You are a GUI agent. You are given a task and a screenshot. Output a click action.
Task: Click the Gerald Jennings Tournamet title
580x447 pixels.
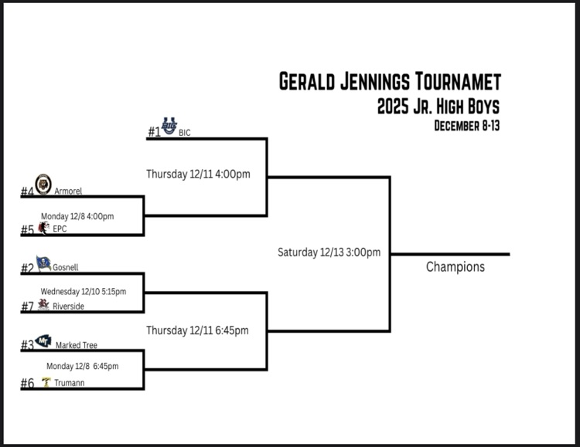tap(389, 82)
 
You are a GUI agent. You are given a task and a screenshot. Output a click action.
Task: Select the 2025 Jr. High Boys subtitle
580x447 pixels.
tap(438, 107)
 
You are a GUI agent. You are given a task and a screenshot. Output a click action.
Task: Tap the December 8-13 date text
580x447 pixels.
tap(466, 126)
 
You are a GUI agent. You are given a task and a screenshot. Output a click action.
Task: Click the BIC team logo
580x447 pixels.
tap(169, 126)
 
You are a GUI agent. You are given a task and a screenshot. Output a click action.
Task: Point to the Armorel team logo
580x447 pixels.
tap(43, 185)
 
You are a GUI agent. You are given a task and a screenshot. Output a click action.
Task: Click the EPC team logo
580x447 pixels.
tap(43, 228)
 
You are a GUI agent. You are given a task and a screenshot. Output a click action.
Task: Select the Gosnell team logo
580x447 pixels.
tap(43, 263)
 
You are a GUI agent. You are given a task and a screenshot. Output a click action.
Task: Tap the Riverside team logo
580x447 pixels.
tap(43, 305)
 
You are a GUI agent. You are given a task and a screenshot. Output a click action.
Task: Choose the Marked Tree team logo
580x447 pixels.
tap(44, 340)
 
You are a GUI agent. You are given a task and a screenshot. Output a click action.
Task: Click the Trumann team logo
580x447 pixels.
tap(46, 382)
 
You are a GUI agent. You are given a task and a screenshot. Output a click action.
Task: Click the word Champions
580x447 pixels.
tap(455, 267)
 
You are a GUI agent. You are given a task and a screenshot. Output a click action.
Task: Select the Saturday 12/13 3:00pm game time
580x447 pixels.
tap(329, 252)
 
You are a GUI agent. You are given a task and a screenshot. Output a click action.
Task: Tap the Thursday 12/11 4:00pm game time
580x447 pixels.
tap(198, 174)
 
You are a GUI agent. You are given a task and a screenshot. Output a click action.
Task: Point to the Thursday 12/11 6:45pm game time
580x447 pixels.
tap(197, 330)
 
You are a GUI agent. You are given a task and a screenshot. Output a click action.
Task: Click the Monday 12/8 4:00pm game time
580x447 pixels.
tap(77, 216)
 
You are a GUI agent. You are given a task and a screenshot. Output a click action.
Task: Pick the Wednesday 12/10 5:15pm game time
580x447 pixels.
tap(83, 292)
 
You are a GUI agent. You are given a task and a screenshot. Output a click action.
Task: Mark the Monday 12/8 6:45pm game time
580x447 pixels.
tap(82, 366)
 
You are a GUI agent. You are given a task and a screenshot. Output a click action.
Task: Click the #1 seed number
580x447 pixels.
tap(155, 132)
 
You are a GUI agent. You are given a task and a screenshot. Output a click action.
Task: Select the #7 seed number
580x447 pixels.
tap(28, 306)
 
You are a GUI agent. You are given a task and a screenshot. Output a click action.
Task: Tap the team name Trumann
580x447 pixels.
tap(70, 384)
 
